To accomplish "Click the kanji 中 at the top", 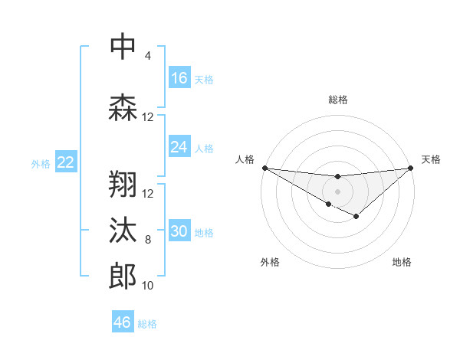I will pos(123,47).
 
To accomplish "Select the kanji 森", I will pos(123,108).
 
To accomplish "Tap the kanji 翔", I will pos(123,185).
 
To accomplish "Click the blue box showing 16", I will pos(179,78).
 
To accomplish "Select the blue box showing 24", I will pos(179,147).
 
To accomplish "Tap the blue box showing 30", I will pos(179,232).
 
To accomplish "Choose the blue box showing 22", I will pos(65,162).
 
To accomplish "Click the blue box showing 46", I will pos(123,322).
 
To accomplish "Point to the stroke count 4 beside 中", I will pos(147,56).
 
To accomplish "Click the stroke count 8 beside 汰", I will pos(147,240).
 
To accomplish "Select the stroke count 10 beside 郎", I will pos(147,286).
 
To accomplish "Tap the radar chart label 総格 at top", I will pos(337,100).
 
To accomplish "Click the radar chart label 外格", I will pos(270,262).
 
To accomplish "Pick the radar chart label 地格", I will pos(402,262).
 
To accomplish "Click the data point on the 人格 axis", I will pos(264,167).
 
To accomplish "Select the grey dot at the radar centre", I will pos(337,191).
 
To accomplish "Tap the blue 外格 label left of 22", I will pos(41,163).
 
